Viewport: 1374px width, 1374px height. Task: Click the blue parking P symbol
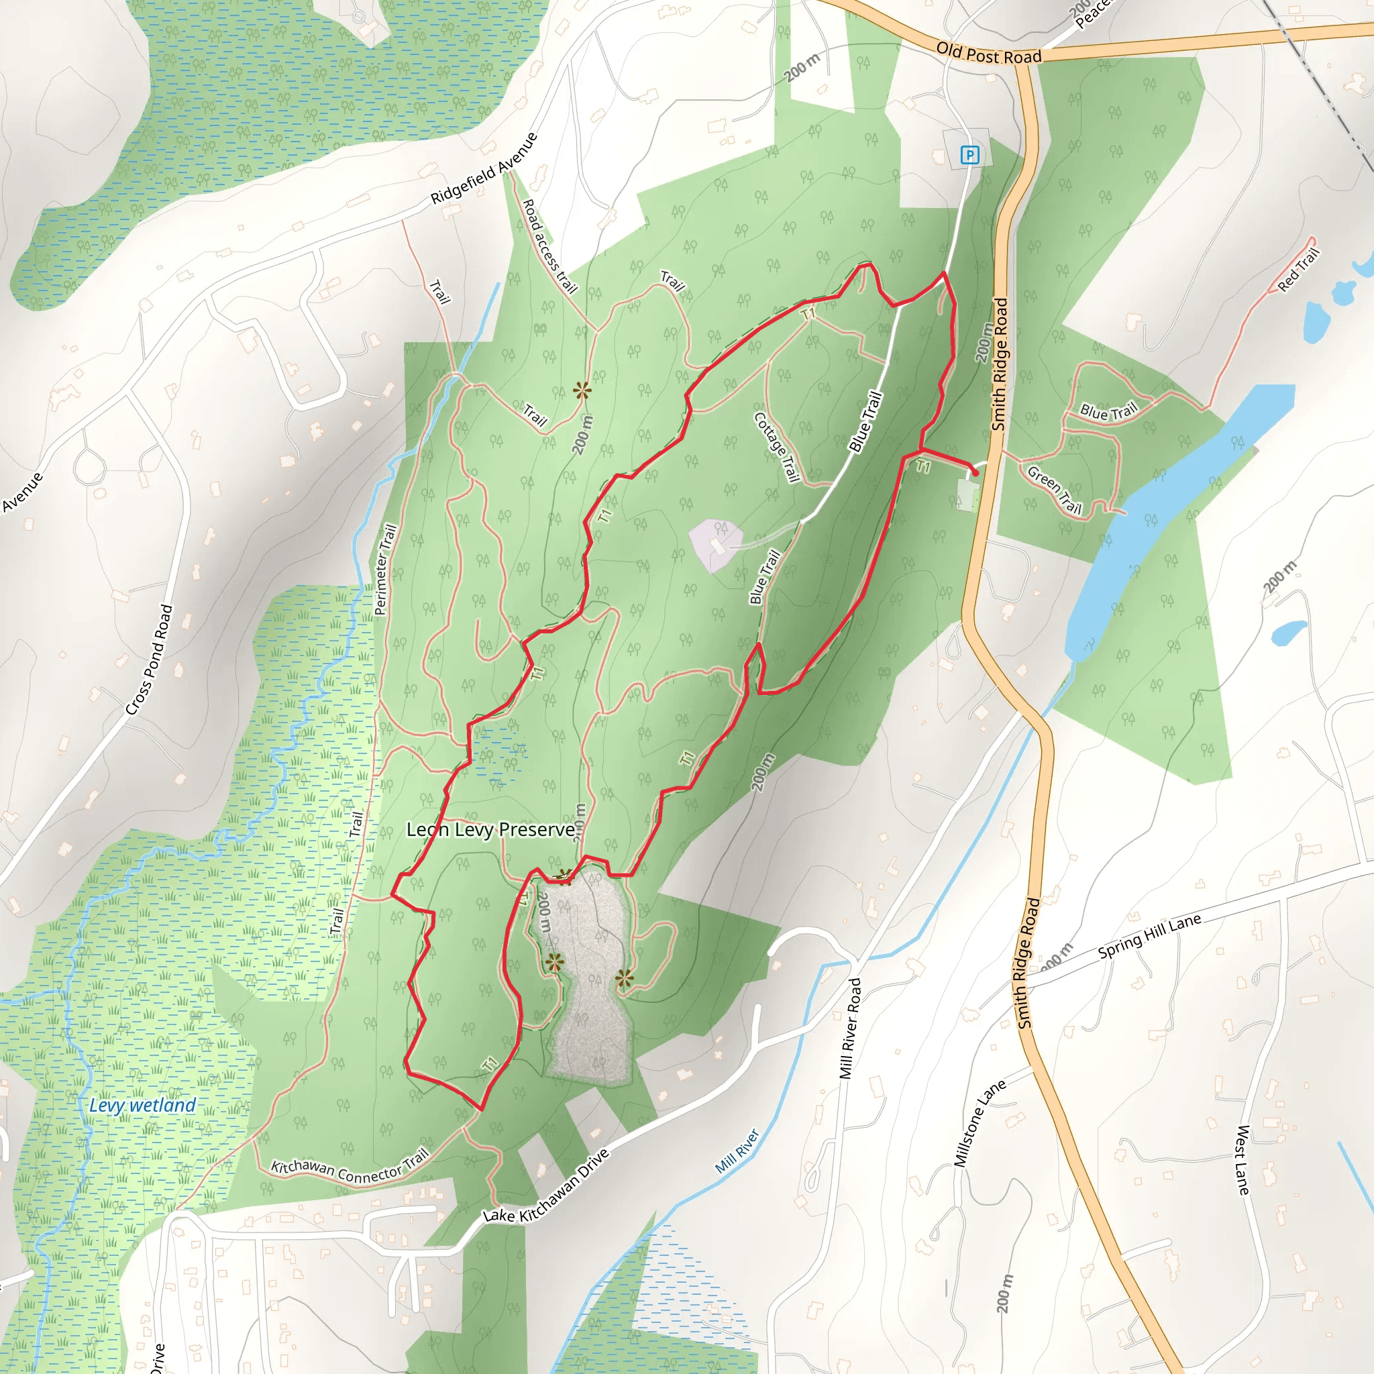coord(969,154)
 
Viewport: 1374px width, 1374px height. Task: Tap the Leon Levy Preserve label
coord(490,830)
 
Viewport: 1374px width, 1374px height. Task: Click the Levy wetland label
coord(142,1105)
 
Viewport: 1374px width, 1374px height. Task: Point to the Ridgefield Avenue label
coord(484,168)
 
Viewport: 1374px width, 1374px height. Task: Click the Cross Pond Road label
coord(150,659)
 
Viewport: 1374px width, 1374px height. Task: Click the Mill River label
coord(737,1151)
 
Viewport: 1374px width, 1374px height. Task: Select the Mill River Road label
coord(851,1028)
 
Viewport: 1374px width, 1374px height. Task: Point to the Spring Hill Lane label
coord(1149,936)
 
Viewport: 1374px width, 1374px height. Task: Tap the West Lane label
coord(1243,1159)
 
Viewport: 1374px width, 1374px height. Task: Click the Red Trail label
coord(1299,270)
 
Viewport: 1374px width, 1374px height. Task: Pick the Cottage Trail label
coord(777,447)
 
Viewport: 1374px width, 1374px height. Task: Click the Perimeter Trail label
coord(384,569)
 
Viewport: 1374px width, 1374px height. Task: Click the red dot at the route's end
coord(975,473)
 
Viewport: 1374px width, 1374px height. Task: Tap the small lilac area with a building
coord(714,544)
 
